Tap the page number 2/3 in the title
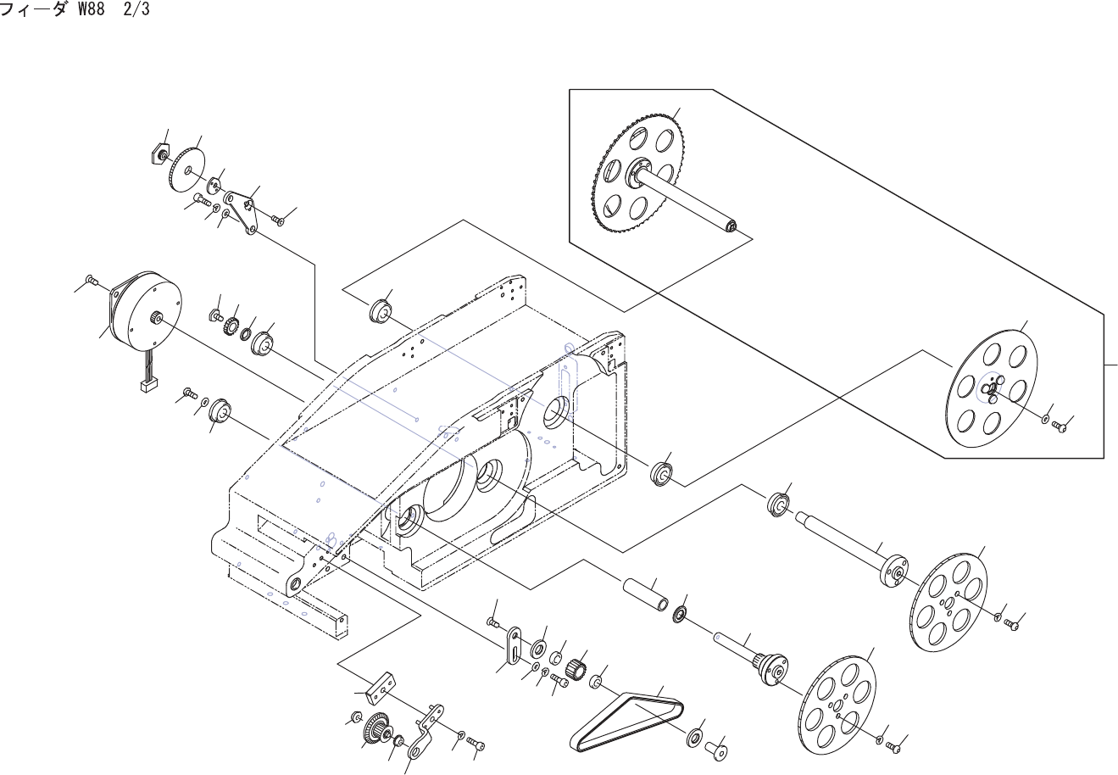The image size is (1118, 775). [x=136, y=13]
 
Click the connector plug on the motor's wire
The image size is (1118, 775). [x=149, y=386]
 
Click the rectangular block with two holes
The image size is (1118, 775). [x=379, y=686]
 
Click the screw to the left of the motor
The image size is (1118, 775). [x=92, y=280]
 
